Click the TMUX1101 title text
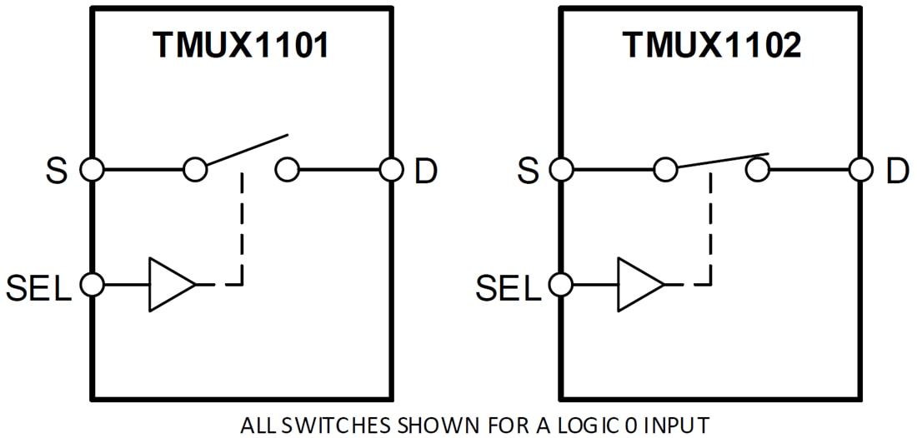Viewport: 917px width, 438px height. tap(240, 46)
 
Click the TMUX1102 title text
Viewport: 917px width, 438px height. tap(711, 46)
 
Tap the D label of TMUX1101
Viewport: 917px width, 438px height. tap(426, 172)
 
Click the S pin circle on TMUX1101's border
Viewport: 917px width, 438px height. tap(91, 171)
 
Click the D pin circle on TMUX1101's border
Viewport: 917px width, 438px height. tap(391, 171)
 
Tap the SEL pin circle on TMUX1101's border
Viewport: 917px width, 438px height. tap(91, 285)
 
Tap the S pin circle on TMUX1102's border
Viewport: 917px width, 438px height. tap(561, 171)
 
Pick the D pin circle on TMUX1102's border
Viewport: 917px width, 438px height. tap(861, 171)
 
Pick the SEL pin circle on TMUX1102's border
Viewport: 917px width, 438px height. tap(561, 285)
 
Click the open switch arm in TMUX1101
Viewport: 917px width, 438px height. tap(247, 152)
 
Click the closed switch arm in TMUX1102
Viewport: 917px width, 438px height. tap(722, 162)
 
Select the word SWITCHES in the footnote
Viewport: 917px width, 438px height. tap(333, 426)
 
